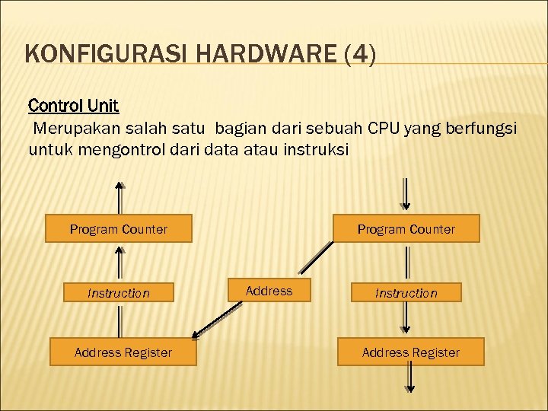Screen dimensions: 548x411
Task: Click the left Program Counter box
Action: coord(119,228)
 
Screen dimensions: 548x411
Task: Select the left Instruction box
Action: coord(119,292)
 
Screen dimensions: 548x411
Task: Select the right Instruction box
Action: coord(406,292)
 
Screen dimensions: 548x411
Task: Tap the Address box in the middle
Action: coord(269,291)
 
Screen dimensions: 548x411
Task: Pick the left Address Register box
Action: coord(123,352)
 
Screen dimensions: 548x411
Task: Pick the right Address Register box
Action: coord(411,352)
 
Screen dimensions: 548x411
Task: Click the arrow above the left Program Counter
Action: coord(119,197)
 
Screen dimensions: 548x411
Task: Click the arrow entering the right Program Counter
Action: coord(406,195)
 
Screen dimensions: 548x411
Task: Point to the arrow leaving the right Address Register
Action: coord(409,378)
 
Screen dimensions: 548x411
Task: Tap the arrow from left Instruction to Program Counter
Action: coord(119,262)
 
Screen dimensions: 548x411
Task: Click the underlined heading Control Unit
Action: coord(73,104)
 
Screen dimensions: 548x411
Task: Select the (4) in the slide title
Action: coord(360,56)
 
